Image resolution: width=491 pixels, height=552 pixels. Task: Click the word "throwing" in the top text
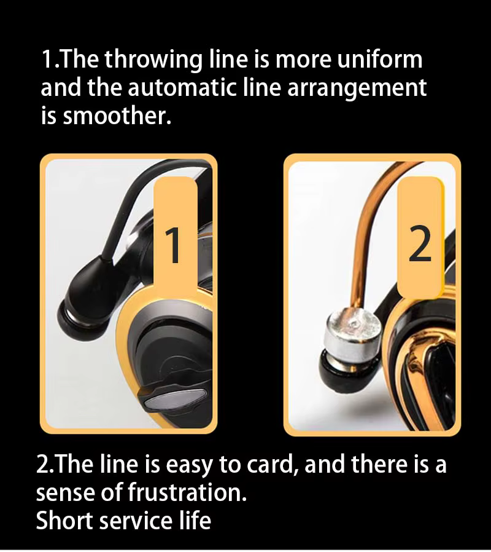[x=153, y=60]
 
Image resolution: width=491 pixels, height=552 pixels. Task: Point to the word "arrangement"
[x=357, y=89]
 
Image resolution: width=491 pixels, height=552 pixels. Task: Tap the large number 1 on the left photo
[x=173, y=245]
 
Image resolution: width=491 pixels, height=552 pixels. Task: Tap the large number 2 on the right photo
[x=420, y=243]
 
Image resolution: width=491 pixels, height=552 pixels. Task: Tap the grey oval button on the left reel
[x=173, y=400]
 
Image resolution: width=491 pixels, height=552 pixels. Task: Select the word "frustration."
[x=187, y=492]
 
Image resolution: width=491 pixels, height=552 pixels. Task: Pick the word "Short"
[x=65, y=520]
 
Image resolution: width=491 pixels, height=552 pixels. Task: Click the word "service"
[x=134, y=520]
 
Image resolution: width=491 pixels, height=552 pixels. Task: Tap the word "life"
[x=194, y=519]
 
